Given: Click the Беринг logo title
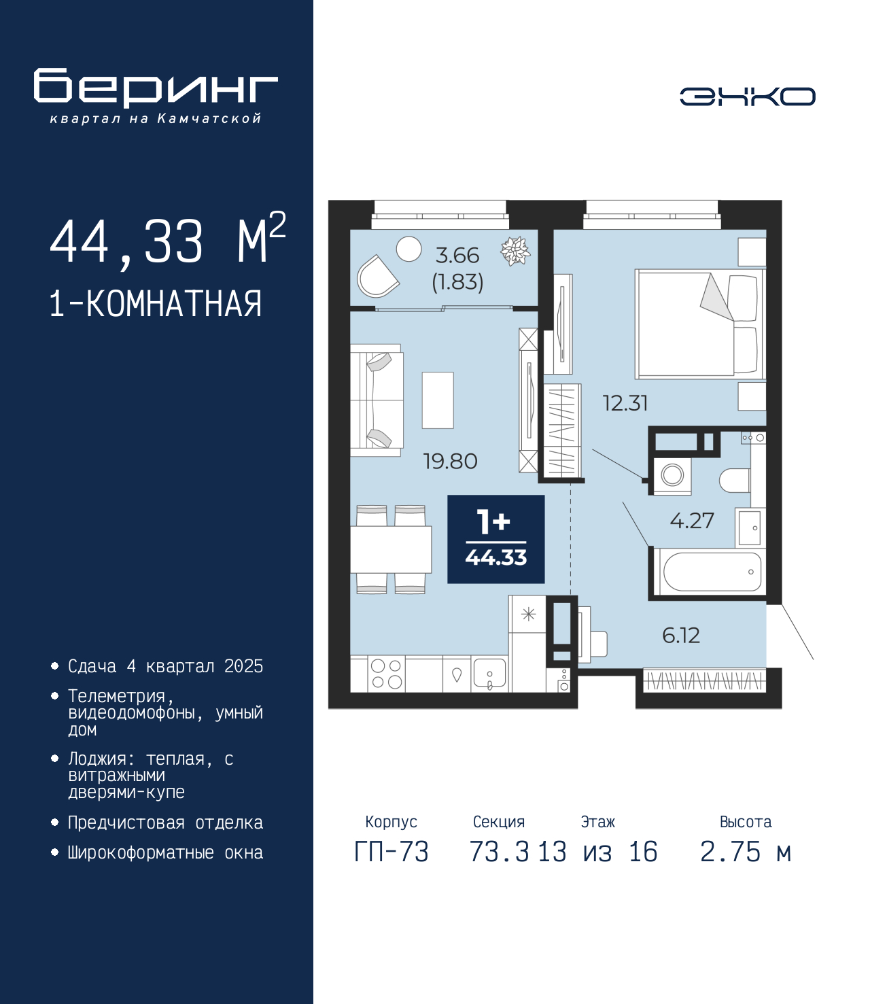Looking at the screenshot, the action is pos(156,88).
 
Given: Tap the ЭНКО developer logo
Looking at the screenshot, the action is pos(747,96).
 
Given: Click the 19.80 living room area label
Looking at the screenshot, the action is pos(451,461).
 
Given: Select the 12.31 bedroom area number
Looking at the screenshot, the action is pos(625,403).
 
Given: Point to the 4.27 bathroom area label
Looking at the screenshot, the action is pos(692,521).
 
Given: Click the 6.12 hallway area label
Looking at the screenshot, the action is pos(681,636).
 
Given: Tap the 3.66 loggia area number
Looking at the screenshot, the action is pos(457,256).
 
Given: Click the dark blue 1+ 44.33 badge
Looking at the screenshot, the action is pos(495,538).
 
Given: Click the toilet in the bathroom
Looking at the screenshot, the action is pos(735,481).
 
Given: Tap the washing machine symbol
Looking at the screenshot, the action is pos(672,476).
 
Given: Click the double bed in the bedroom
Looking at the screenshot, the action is pos(699,324).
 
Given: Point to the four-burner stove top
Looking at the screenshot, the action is pos(387,674).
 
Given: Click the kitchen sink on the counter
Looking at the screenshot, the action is pos(489,674).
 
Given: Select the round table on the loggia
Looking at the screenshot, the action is pos(408,249).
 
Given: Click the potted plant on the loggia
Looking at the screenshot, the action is pos(515,251).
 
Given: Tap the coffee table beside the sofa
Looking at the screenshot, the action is pos(438,400).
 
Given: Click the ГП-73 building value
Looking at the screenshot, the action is pos(391,852).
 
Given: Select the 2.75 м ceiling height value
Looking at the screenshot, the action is pos(745,852).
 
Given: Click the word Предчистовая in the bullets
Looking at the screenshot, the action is pos(126,823).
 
